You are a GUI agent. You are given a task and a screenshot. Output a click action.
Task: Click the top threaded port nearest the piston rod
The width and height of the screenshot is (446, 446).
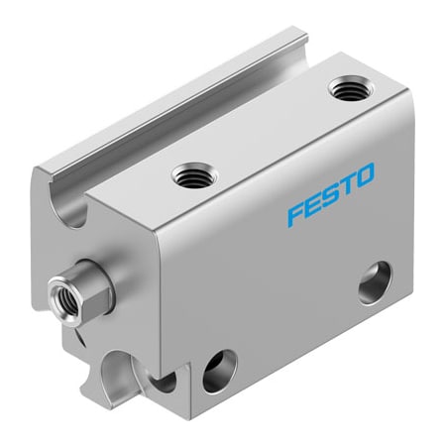[185, 176]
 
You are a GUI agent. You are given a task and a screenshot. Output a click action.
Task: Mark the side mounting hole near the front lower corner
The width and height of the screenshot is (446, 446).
[215, 376]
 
